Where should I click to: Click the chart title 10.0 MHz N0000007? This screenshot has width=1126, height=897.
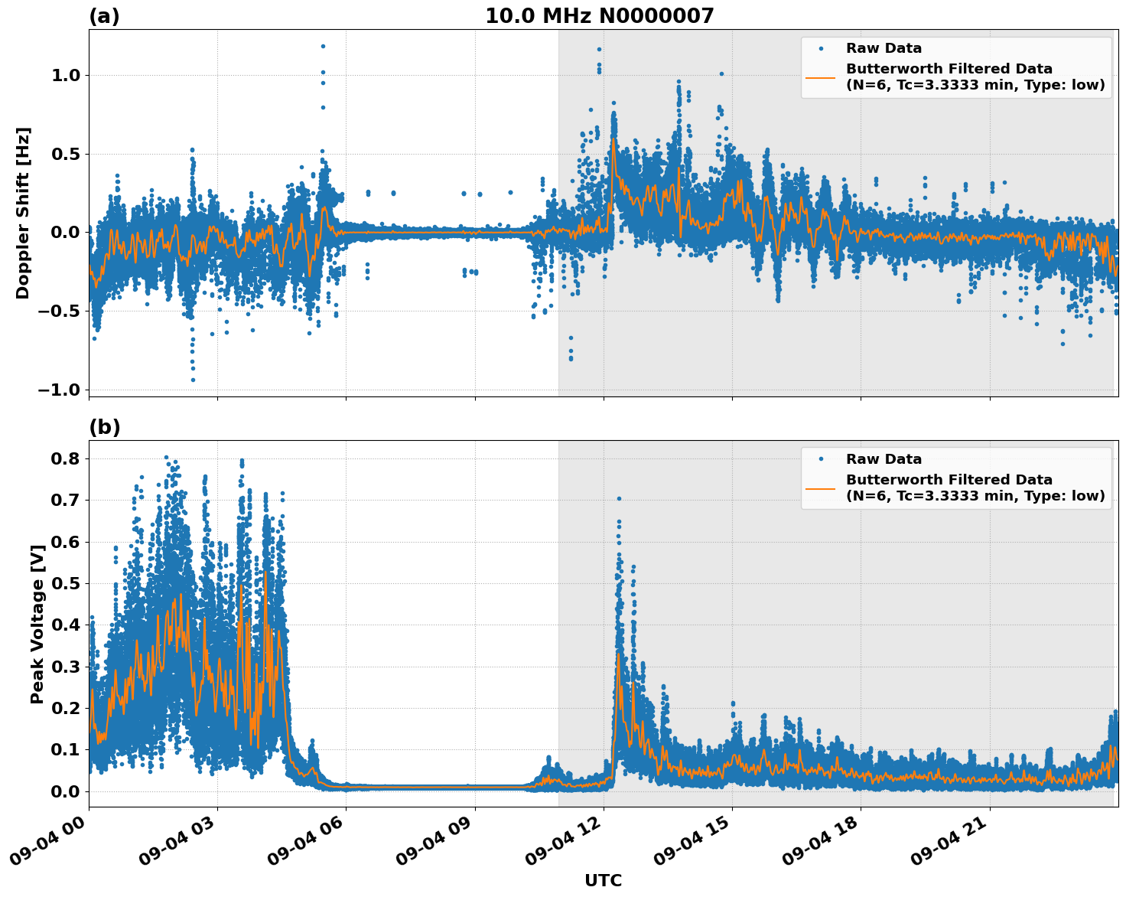point(599,16)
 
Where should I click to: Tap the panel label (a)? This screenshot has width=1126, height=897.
point(104,16)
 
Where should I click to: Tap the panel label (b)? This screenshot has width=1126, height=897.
point(104,427)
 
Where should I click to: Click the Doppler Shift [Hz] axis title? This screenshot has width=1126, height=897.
point(23,213)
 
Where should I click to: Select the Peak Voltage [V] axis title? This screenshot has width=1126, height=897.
point(37,624)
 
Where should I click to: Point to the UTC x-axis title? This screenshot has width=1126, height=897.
point(603,880)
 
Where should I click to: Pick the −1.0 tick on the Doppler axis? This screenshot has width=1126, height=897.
point(58,390)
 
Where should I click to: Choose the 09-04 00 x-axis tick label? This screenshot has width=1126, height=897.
point(47,845)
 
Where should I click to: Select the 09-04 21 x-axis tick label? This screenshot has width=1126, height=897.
point(949,845)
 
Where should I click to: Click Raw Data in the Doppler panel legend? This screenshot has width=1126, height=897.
point(884,48)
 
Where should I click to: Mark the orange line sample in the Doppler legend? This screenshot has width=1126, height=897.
point(820,77)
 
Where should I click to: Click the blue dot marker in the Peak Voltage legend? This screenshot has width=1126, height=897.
point(820,459)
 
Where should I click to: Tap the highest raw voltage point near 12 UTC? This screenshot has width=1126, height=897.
point(619,498)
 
